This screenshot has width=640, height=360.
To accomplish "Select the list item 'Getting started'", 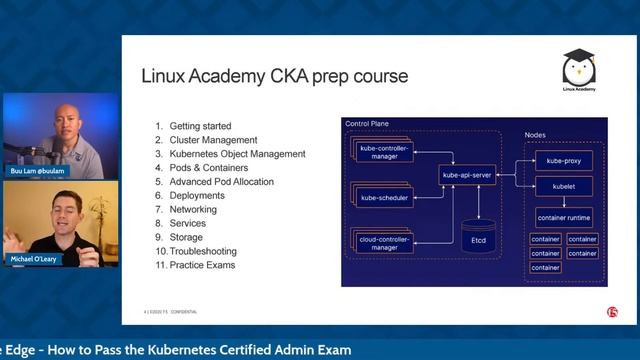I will pos(193,126).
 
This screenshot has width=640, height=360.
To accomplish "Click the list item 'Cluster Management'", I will pos(207,140).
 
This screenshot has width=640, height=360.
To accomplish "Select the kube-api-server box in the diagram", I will pos(469,175).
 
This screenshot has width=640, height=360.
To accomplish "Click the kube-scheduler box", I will pos(387,198).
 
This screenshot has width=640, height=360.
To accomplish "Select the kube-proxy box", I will pos(564,160).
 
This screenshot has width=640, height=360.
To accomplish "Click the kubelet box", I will pos(564,186).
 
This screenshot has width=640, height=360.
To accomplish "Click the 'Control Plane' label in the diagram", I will pos(367,124).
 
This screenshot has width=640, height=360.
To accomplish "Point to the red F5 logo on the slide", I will pos(612,312).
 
